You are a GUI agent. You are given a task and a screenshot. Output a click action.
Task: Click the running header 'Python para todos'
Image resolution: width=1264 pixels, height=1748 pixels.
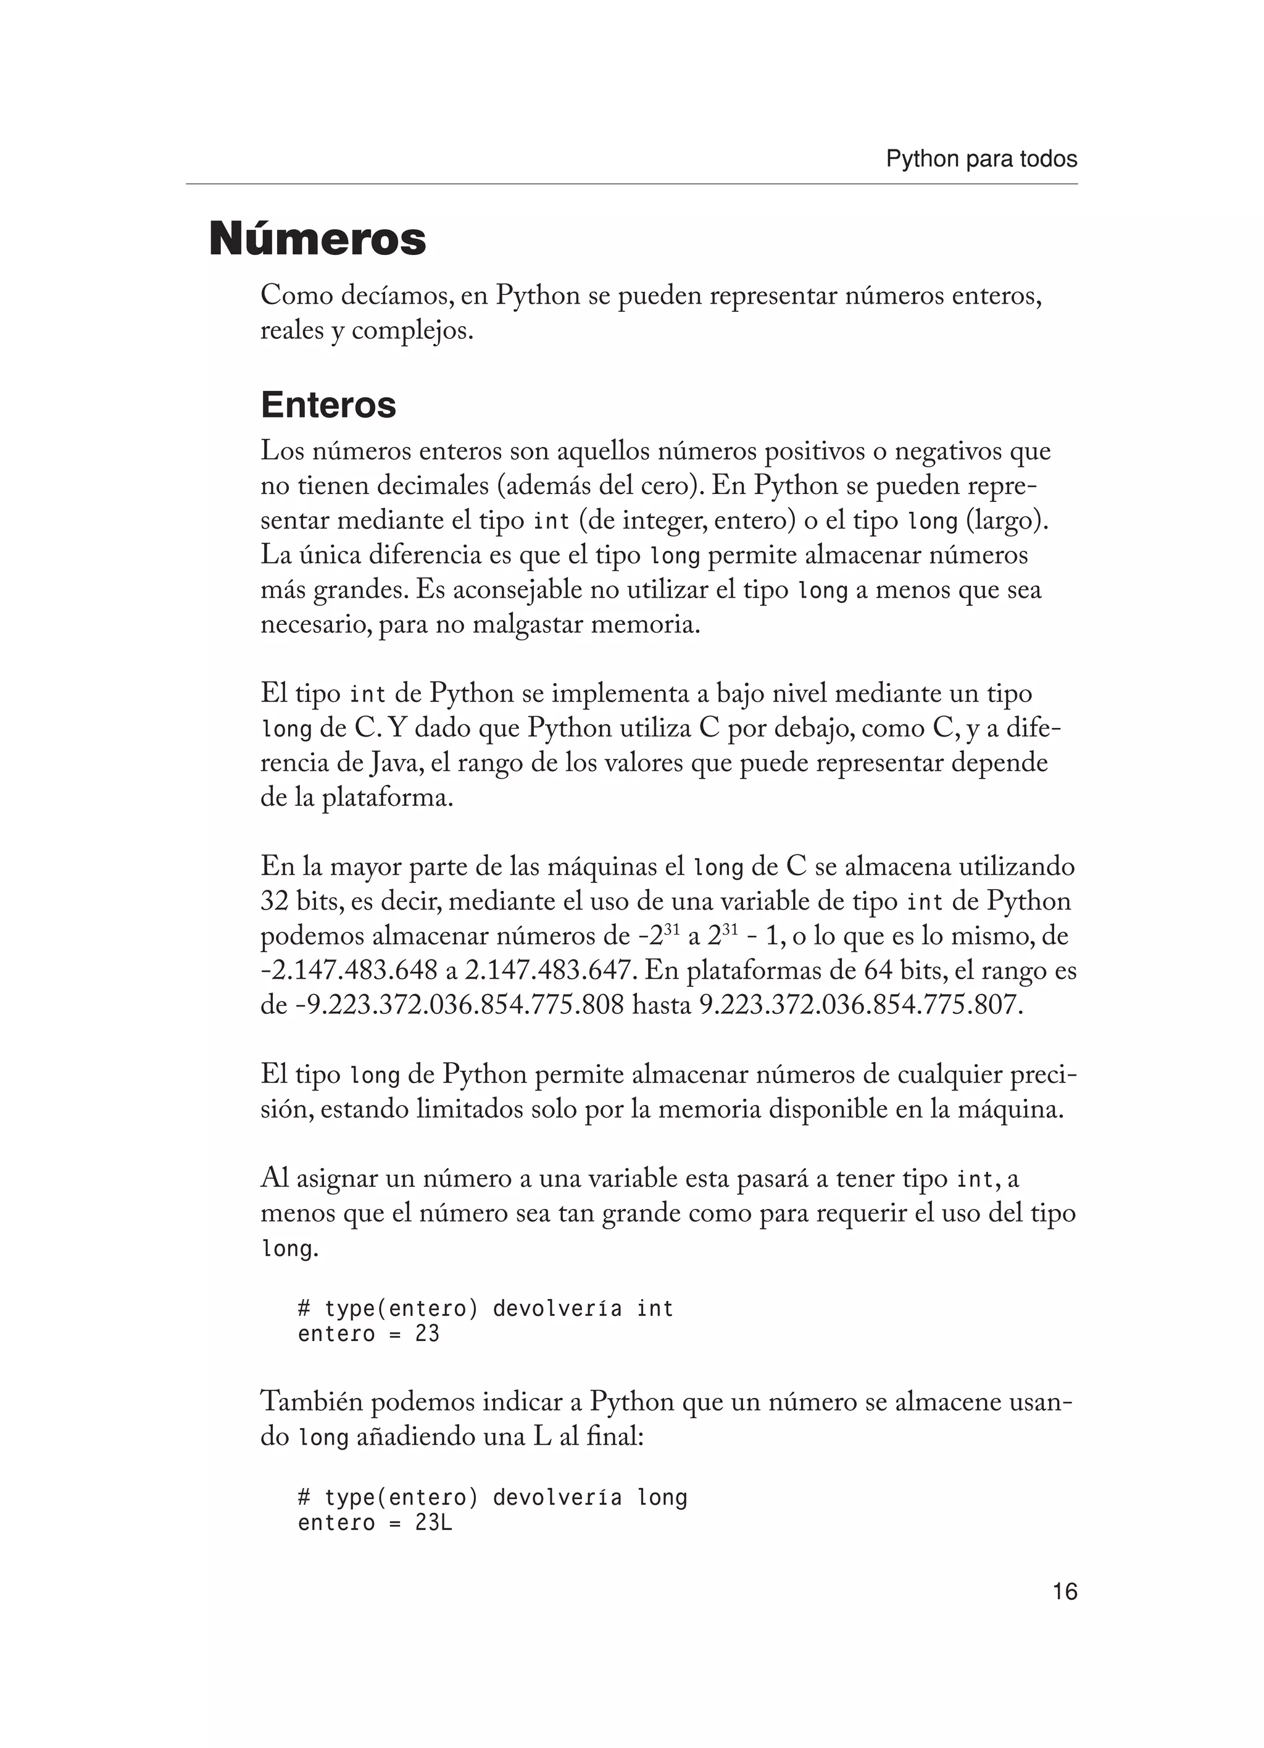(981, 159)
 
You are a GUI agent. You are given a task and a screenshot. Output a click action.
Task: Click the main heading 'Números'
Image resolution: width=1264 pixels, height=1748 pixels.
(317, 239)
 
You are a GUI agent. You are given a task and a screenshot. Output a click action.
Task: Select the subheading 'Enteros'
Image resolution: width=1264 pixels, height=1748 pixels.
(328, 404)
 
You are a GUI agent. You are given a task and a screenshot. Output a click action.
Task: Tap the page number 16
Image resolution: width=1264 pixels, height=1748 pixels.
(1065, 1592)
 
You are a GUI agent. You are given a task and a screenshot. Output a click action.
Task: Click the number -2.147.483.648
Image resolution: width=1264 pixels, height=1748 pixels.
(349, 971)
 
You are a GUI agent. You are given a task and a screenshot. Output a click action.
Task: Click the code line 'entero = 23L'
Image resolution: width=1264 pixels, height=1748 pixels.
(375, 1523)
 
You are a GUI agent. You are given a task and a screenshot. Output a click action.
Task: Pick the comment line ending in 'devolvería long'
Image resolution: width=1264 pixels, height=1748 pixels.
(492, 1497)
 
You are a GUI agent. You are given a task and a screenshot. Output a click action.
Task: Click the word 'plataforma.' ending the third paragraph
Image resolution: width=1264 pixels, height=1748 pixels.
(388, 798)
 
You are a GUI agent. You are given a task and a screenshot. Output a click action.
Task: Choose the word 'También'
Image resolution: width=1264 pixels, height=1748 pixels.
(311, 1402)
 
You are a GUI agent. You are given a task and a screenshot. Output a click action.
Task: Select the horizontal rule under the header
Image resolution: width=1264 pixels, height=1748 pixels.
(631, 184)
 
